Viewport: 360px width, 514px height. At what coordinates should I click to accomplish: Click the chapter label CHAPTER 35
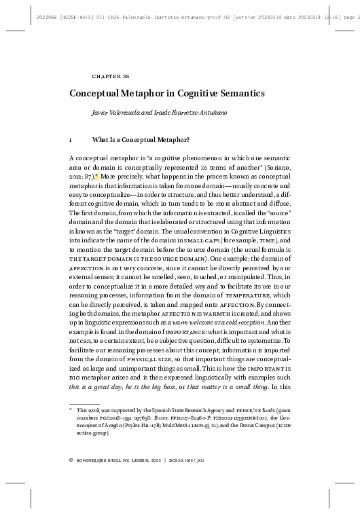tap(105, 76)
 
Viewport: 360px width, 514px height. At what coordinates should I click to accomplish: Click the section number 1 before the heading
tap(71, 141)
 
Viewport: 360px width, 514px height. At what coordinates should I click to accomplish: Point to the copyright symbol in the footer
tap(71, 480)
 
